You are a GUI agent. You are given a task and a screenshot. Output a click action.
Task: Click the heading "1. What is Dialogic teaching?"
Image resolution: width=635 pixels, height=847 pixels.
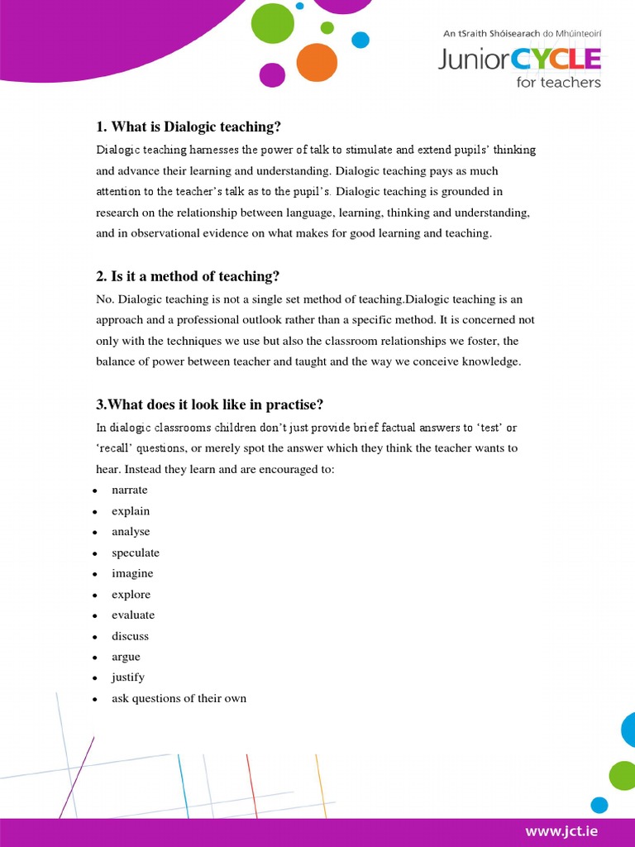189,127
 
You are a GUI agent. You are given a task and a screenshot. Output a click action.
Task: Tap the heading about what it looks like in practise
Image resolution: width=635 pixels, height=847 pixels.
209,404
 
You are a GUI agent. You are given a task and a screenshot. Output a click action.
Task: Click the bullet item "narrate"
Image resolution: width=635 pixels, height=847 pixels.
130,490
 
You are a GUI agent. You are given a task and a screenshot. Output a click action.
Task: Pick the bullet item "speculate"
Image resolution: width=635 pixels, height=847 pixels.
136,553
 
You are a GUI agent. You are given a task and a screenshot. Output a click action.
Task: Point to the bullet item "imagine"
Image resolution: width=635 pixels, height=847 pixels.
132,573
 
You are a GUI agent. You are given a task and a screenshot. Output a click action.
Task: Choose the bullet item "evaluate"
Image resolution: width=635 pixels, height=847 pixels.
133,615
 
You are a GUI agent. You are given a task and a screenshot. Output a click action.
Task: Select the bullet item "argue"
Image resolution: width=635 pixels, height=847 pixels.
126,657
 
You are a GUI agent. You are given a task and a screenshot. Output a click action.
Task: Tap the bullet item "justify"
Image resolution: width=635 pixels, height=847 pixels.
128,677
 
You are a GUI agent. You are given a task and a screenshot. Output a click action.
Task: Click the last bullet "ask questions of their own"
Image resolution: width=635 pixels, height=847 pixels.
179,698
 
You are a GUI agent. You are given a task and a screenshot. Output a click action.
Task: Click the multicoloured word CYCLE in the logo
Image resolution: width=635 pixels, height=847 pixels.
556,59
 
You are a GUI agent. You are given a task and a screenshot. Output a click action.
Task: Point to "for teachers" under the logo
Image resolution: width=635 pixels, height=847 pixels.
558,82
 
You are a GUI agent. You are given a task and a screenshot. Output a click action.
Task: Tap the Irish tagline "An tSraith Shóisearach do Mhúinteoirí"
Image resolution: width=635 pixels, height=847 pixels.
522,34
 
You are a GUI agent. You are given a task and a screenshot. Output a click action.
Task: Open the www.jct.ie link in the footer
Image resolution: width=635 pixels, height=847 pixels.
561,830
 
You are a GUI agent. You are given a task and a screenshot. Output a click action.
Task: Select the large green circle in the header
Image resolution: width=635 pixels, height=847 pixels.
272,24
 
